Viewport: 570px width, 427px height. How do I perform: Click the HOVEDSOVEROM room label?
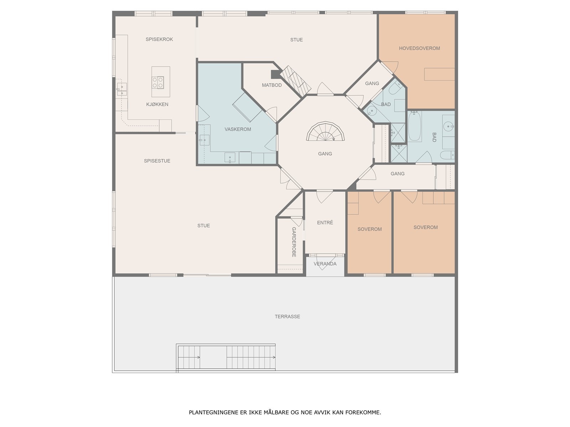419,48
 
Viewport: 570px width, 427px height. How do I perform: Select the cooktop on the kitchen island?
158,82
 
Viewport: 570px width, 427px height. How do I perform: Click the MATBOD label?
272,85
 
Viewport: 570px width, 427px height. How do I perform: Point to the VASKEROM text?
238,129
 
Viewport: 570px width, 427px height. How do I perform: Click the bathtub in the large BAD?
414,126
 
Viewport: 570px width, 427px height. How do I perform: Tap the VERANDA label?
325,264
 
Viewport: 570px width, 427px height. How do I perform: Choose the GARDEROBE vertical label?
294,242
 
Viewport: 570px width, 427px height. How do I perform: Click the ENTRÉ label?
325,222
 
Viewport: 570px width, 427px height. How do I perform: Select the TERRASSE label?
287,316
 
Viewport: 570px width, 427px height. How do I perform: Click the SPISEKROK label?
159,39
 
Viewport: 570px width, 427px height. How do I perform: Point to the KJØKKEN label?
157,104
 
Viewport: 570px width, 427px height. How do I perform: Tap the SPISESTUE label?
157,161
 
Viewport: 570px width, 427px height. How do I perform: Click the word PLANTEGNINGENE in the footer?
211,413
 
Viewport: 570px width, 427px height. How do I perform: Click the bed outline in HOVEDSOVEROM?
439,74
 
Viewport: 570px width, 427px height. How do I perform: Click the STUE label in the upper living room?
296,39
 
